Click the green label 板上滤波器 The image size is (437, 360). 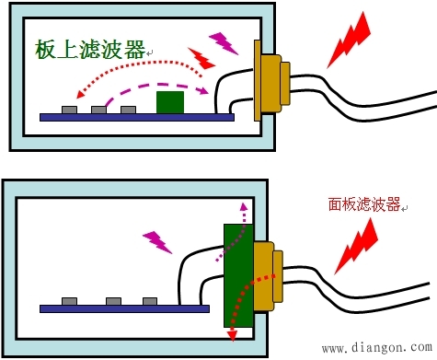pyautogui.click(x=90, y=50)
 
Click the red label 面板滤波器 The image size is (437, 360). pyautogui.click(x=363, y=205)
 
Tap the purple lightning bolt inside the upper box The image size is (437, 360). pyautogui.click(x=223, y=41)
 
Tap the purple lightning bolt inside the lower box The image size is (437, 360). pyautogui.click(x=157, y=241)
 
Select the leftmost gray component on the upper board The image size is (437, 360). pyautogui.click(x=69, y=110)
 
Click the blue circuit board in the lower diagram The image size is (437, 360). pyautogui.click(x=129, y=308)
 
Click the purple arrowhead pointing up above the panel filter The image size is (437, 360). pyautogui.click(x=244, y=207)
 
